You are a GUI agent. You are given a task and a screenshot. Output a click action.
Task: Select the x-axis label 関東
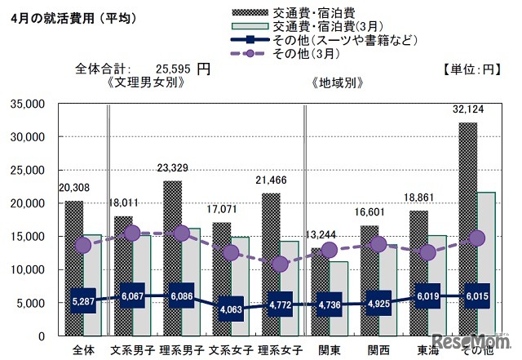click(329, 349)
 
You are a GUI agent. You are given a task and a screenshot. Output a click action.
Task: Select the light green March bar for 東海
click(437, 286)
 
